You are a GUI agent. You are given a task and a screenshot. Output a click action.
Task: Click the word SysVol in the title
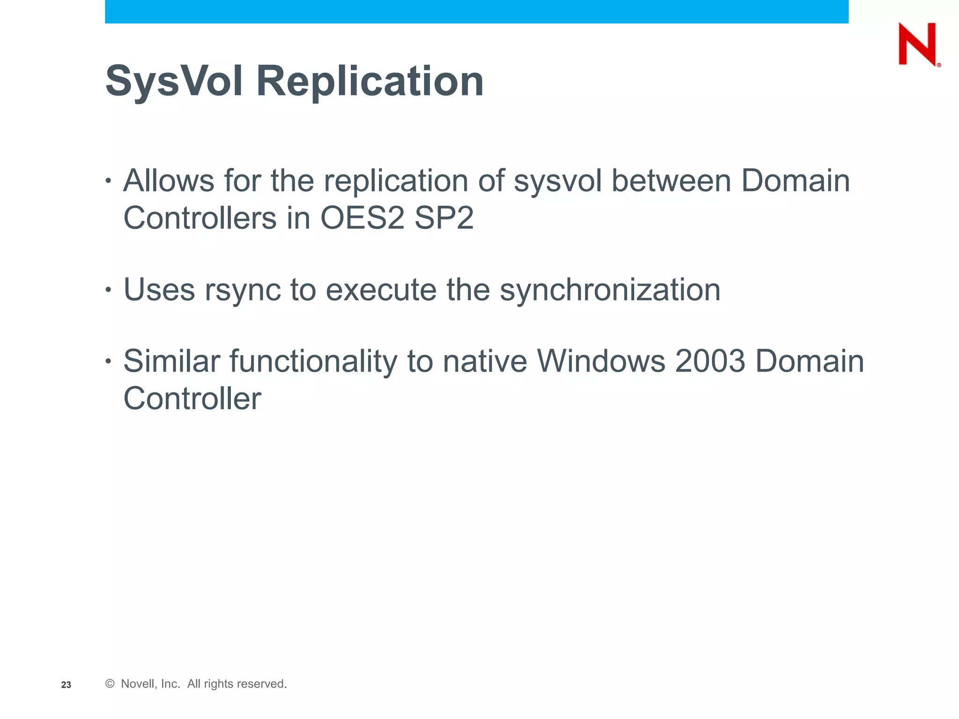point(174,81)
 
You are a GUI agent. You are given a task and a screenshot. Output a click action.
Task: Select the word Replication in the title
point(370,81)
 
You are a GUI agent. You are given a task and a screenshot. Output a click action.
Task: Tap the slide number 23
point(66,685)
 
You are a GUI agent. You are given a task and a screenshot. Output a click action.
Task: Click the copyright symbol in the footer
point(110,684)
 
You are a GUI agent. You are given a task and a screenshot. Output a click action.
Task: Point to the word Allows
point(168,181)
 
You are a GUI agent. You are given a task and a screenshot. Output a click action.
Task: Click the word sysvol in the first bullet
point(557,181)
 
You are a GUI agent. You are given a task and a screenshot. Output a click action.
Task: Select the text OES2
point(362,218)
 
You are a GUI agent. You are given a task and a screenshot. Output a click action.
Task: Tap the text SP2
point(444,218)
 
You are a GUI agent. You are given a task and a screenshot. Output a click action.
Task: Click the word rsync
point(242,290)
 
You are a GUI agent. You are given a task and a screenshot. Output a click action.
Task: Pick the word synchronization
point(610,290)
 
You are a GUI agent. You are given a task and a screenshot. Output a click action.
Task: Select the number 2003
point(710,361)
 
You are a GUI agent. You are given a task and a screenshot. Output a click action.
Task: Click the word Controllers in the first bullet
point(200,218)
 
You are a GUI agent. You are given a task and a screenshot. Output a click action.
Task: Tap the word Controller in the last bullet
point(192,399)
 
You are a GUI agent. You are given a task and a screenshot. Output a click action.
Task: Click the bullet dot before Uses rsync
point(109,290)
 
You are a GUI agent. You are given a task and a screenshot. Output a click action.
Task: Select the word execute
point(381,290)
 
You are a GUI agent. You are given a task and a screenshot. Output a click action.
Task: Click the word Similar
point(171,361)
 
